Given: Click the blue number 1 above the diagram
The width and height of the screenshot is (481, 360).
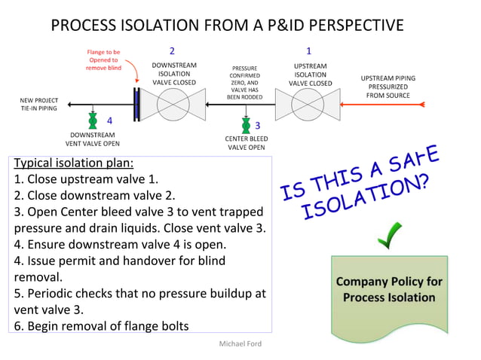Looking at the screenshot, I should click(308, 51).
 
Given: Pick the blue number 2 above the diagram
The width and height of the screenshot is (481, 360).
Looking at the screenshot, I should click(172, 51).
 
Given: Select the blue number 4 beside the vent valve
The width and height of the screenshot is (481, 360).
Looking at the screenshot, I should click(109, 120).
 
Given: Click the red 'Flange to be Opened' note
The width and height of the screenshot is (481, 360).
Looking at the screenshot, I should click(103, 59).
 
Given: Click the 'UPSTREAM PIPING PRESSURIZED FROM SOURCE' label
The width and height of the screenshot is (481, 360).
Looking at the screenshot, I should click(388, 87).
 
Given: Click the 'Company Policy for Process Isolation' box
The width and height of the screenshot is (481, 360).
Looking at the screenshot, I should click(389, 290).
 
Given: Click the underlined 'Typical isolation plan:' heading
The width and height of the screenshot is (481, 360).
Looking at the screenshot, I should click(74, 163).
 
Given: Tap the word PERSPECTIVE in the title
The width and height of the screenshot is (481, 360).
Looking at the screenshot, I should click(348, 26).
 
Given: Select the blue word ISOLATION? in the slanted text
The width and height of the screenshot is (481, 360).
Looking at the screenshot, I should click(363, 195).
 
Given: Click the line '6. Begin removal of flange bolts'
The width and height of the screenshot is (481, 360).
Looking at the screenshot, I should click(100, 325).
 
